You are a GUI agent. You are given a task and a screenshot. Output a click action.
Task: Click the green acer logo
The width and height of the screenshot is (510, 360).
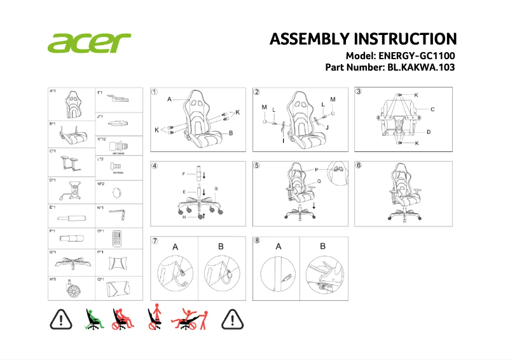click(88, 43)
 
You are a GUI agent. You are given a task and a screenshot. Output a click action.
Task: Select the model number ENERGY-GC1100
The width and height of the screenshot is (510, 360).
click(417, 56)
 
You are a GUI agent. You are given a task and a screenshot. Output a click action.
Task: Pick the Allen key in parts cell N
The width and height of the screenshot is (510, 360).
click(118, 212)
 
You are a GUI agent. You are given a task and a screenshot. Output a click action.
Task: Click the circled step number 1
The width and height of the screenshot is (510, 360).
click(155, 92)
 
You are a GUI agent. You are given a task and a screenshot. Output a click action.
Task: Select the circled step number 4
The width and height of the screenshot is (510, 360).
click(155, 165)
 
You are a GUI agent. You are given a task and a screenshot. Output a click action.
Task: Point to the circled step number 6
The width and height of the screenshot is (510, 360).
click(359, 165)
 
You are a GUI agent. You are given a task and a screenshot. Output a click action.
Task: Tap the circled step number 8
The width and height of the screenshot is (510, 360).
click(257, 241)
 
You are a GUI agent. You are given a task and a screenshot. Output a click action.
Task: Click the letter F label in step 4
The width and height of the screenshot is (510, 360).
click(184, 174)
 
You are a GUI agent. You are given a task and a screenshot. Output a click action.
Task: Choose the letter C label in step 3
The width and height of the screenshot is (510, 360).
click(432, 109)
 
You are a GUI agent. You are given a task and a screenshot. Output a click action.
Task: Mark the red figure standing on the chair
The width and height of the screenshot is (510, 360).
click(154, 317)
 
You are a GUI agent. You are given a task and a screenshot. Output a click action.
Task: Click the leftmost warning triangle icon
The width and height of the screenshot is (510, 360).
click(61, 320)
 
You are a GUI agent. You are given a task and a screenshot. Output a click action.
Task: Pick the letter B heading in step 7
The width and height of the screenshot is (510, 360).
click(221, 247)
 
